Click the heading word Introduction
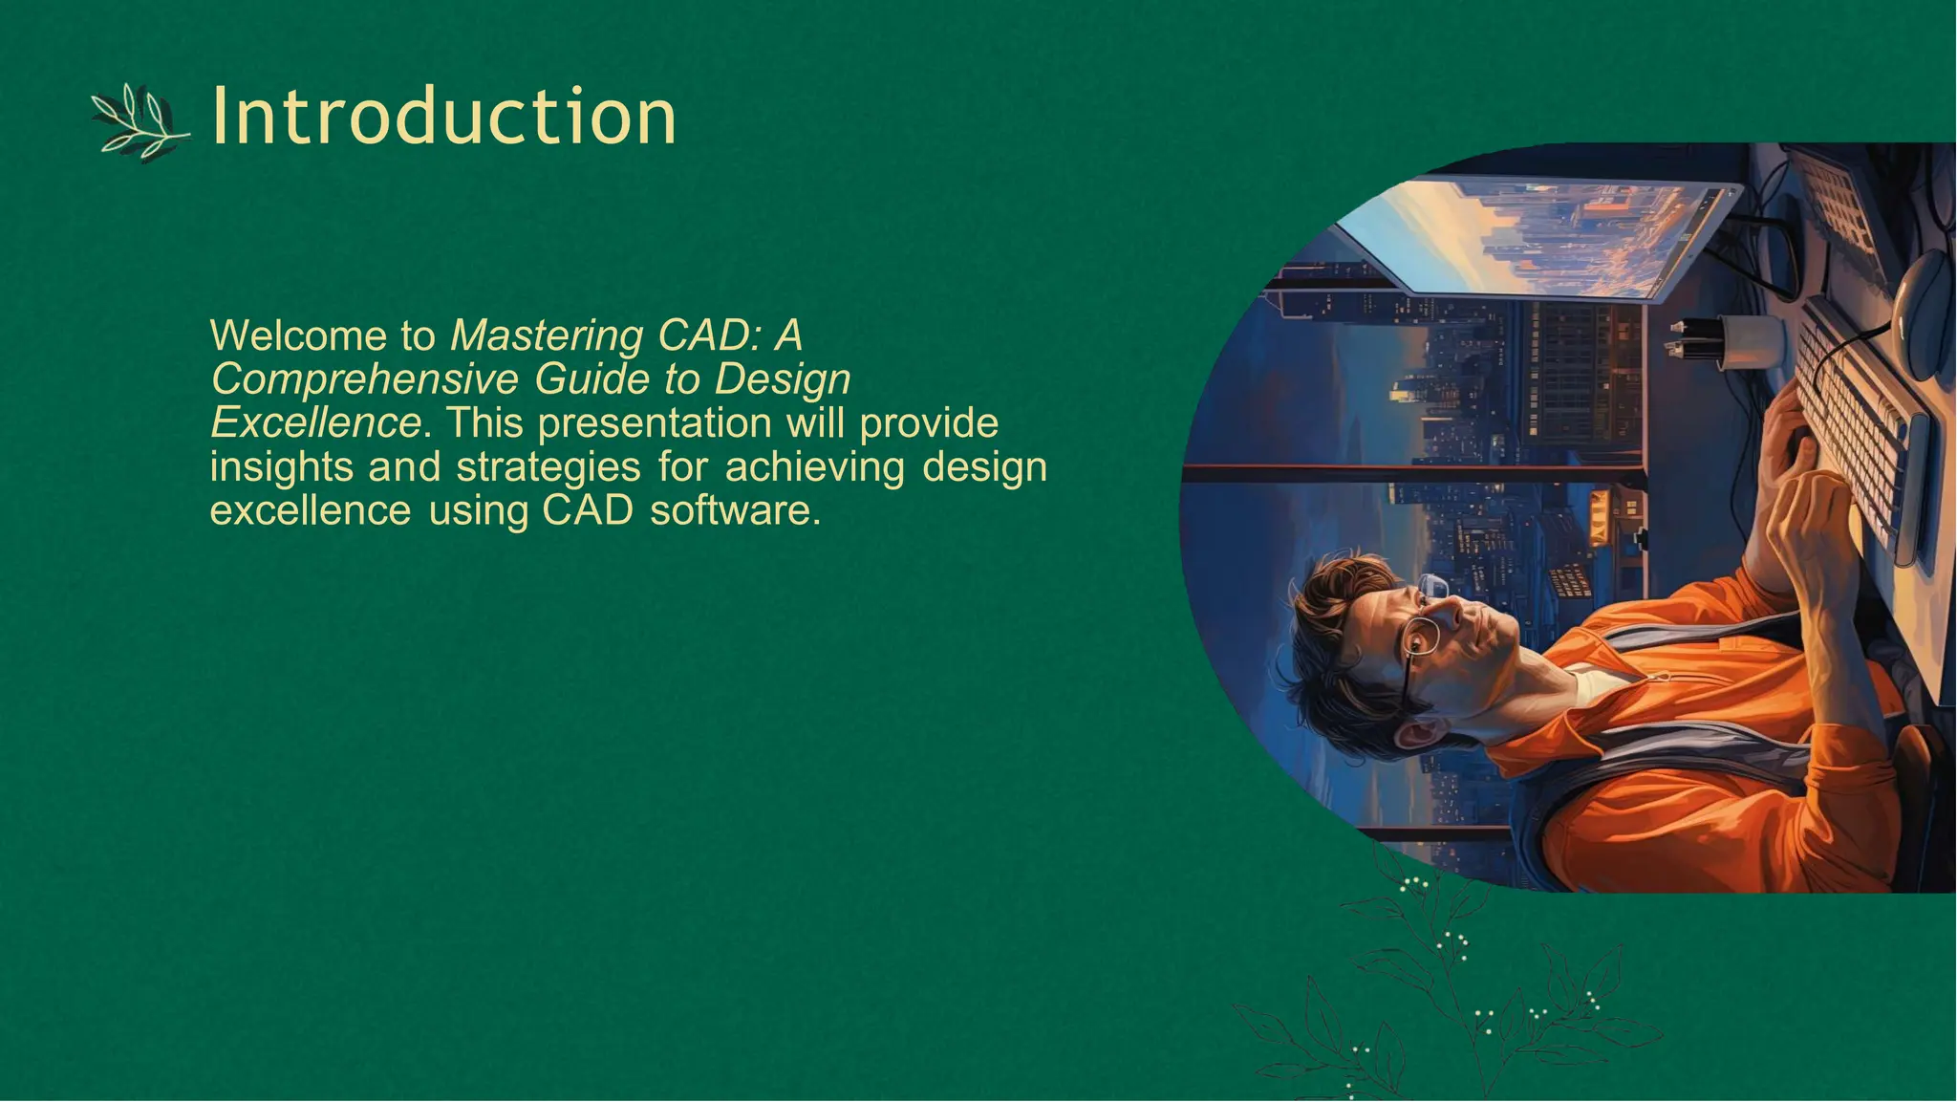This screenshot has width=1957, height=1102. click(443, 117)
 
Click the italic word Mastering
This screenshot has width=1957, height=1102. click(547, 335)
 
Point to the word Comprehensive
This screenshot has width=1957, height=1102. click(364, 379)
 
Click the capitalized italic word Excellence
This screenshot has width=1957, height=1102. click(315, 422)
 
